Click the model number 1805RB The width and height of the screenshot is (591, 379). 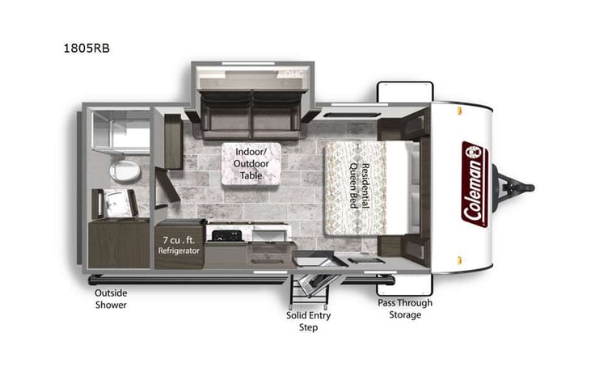click(x=87, y=48)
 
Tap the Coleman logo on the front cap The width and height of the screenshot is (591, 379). click(x=474, y=184)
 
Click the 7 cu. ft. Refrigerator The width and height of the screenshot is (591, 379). click(x=178, y=242)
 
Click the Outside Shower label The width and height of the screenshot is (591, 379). click(x=111, y=298)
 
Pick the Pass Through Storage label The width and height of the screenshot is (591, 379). click(x=405, y=309)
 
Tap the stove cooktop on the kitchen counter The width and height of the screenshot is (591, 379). click(x=222, y=235)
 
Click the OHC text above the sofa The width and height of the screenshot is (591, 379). click(x=289, y=74)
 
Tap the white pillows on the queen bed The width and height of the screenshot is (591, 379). click(x=413, y=186)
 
